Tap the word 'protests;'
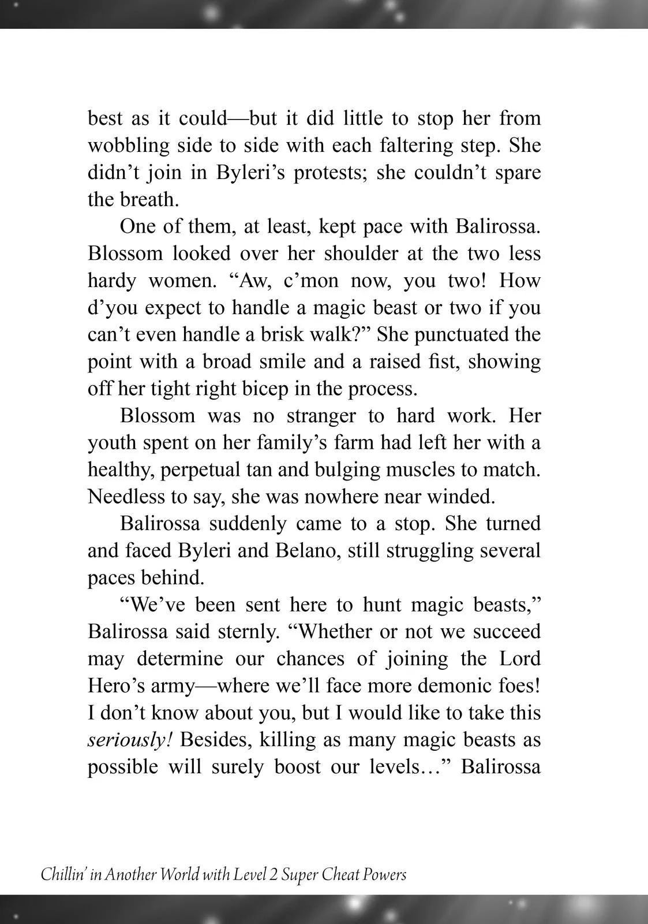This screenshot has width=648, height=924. pos(331,172)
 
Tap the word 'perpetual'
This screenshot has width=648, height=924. pos(202,470)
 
